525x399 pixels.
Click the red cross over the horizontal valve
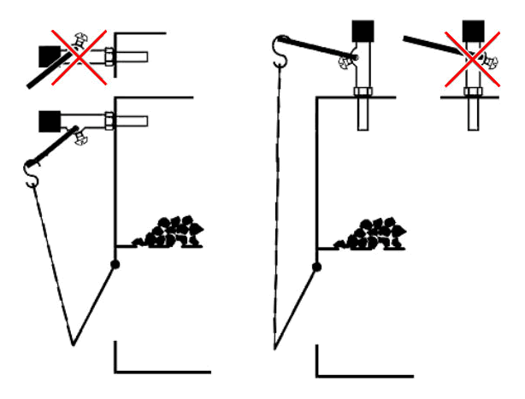[75, 56]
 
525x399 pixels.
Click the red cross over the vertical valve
[469, 56]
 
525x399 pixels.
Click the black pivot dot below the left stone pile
[115, 264]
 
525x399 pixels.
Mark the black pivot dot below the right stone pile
[317, 267]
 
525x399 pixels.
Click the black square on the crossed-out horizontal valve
[50, 56]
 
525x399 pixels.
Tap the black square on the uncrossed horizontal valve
[50, 120]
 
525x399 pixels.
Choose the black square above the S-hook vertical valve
[363, 32]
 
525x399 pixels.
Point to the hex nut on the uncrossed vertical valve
[363, 92]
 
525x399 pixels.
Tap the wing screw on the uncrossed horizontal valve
[82, 135]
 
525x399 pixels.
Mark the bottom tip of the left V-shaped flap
[74, 344]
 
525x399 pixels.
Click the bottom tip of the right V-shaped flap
[275, 348]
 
